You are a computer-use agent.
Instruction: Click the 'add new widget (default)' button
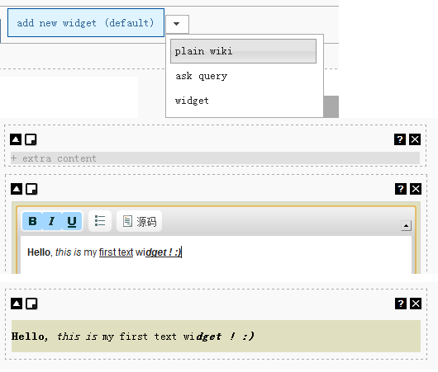point(86,22)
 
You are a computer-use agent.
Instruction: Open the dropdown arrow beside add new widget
point(177,24)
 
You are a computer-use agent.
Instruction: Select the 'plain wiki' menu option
point(243,51)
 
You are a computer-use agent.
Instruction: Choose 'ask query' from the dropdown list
point(201,76)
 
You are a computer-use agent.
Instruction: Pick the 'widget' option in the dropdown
point(192,101)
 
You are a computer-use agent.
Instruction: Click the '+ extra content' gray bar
point(215,158)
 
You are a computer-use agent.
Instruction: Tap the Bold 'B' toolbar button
point(32,221)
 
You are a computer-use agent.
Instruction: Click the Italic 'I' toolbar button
point(52,221)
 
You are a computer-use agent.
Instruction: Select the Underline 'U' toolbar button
point(72,221)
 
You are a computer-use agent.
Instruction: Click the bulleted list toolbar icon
point(100,221)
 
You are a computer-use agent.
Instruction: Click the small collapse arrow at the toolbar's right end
point(406,225)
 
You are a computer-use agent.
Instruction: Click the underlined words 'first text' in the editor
point(116,252)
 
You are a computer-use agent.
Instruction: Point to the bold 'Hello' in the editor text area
point(39,252)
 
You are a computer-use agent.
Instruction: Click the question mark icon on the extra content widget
point(400,139)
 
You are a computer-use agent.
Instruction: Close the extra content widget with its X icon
point(415,139)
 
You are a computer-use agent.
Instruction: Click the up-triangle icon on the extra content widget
point(16,139)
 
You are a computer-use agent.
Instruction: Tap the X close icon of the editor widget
point(416,189)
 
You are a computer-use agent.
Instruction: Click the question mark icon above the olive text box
point(401,304)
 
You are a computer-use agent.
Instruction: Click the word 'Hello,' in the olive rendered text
point(29,337)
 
